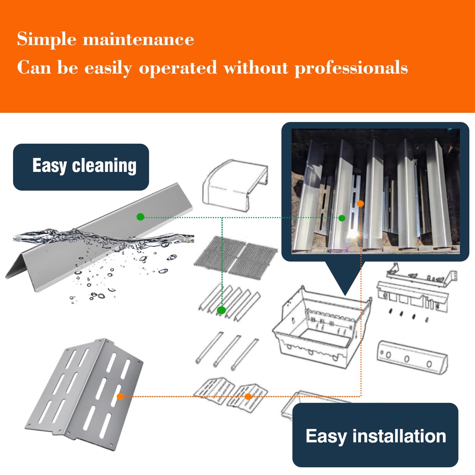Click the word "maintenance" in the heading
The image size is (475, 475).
(138, 39)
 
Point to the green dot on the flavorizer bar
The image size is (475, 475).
(140, 217)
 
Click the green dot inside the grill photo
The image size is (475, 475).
(342, 218)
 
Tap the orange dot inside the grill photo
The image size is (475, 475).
(360, 203)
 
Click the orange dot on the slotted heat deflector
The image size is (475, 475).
(120, 397)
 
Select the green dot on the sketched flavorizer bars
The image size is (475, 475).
(221, 310)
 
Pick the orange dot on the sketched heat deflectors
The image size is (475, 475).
(248, 396)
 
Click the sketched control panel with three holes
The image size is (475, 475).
(412, 357)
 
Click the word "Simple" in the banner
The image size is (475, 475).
(47, 39)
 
